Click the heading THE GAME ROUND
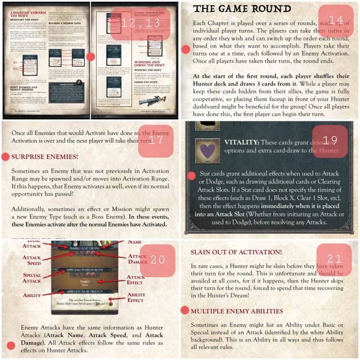pyautogui.click(x=234, y=8)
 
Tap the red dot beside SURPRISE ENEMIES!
pyautogui.click(x=7, y=157)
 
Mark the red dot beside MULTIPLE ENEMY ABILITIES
pyautogui.click(x=186, y=312)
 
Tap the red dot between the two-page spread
pyautogui.click(x=91, y=57)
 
